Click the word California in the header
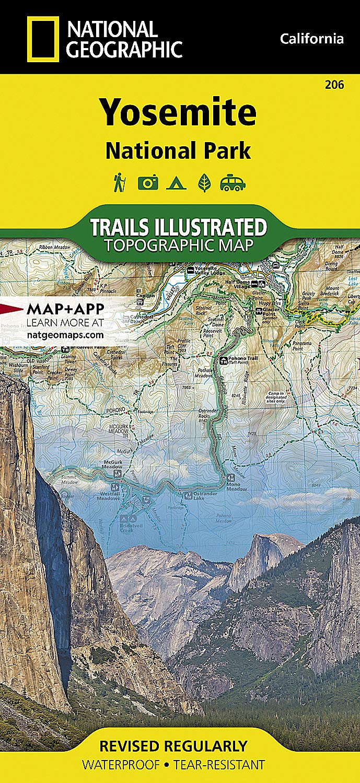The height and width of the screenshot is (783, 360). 311,39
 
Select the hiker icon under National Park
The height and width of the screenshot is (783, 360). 118,183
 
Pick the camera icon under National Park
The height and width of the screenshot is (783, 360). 148,183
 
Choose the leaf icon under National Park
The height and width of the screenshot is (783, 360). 204,183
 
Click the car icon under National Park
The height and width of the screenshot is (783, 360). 233,183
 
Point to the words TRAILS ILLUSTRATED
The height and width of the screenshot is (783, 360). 179,228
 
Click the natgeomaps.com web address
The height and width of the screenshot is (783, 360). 64,332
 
